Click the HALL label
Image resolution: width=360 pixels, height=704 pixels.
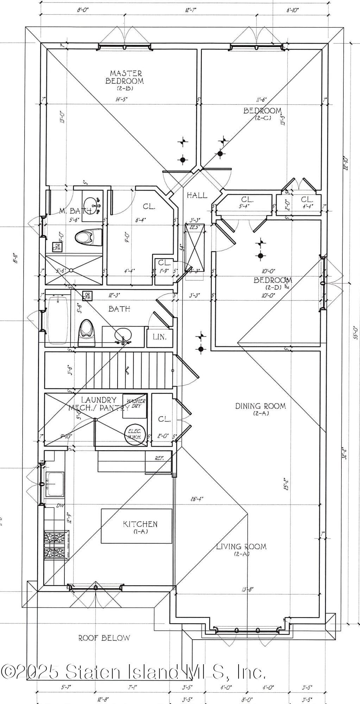pyautogui.click(x=197, y=195)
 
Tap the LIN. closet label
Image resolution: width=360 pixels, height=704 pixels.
pyautogui.click(x=159, y=337)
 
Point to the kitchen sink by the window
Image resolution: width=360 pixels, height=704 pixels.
pyautogui.click(x=55, y=484)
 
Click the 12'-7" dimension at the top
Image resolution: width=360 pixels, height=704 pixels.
pyautogui.click(x=190, y=10)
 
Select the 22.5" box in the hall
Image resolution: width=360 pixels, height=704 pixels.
pyautogui.click(x=195, y=247)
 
